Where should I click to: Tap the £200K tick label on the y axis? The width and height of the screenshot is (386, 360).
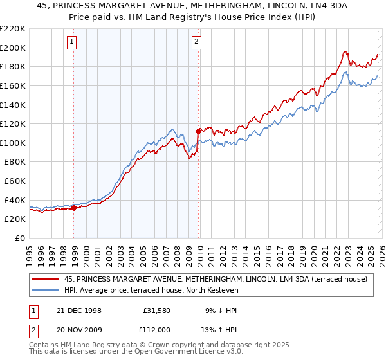pyautogui.click(x=13, y=48)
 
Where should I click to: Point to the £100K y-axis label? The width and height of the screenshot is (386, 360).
pyautogui.click(x=13, y=143)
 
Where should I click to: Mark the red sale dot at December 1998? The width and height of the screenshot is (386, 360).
pyautogui.click(x=74, y=208)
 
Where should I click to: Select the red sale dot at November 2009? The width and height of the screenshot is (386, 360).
pyautogui.click(x=198, y=131)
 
